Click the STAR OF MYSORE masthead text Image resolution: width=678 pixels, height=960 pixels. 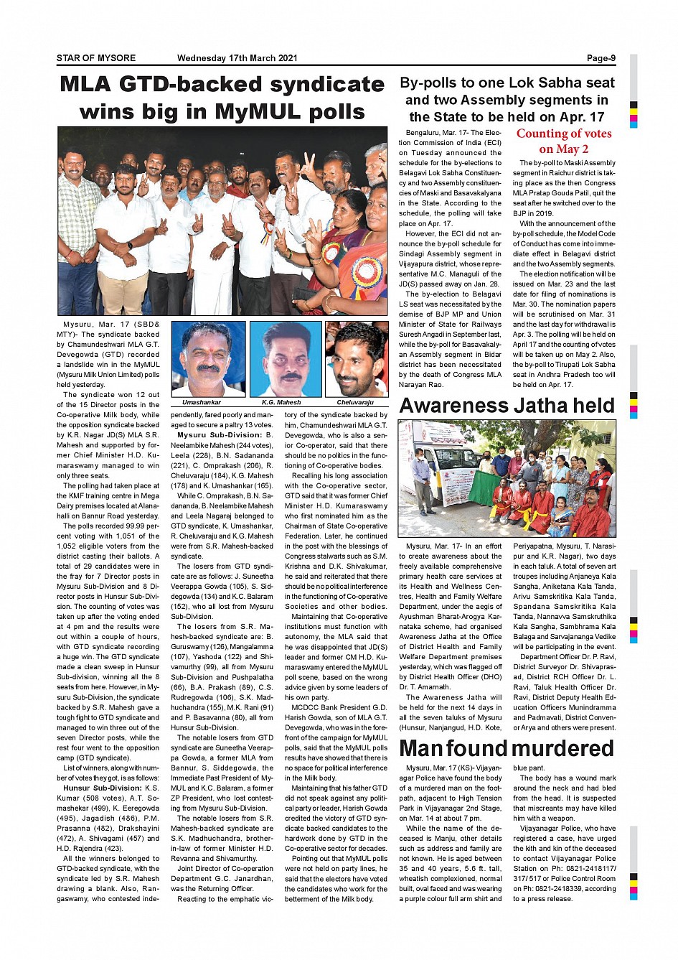coord(96,58)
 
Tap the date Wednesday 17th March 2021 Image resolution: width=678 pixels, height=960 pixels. coord(237,58)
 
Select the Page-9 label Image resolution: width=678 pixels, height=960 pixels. coord(601,58)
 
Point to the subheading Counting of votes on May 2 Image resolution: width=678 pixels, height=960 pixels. coord(564,141)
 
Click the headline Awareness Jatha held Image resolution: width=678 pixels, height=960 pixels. coord(507,406)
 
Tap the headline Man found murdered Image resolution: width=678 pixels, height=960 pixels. coord(507,748)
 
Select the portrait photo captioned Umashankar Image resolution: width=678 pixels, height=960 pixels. coord(208,358)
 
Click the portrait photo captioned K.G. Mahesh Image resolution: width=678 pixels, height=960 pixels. coord(285,358)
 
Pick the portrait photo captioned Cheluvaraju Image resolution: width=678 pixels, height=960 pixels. coord(357,358)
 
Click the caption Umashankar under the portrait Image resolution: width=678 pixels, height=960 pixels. coord(202,402)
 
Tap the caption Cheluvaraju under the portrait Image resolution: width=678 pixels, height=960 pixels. coord(355,402)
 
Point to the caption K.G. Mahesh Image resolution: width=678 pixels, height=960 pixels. coord(281,402)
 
